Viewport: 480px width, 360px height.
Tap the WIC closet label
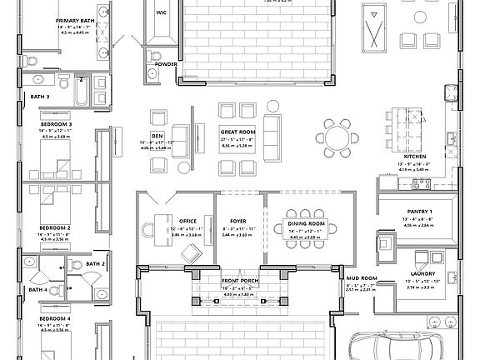pos(162,13)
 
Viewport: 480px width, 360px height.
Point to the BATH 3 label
pos(39,97)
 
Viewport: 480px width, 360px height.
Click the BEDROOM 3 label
pos(55,124)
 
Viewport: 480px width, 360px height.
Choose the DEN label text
pos(157,135)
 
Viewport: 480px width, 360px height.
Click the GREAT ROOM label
pos(237,132)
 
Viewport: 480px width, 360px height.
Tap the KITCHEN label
pos(415,157)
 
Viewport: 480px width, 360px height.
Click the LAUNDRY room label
pos(418,274)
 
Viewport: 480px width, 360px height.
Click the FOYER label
pos(238,222)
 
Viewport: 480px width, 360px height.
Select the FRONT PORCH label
pos(240,282)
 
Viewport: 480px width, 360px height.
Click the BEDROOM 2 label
pos(55,227)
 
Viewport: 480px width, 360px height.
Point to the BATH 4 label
pos(38,289)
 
